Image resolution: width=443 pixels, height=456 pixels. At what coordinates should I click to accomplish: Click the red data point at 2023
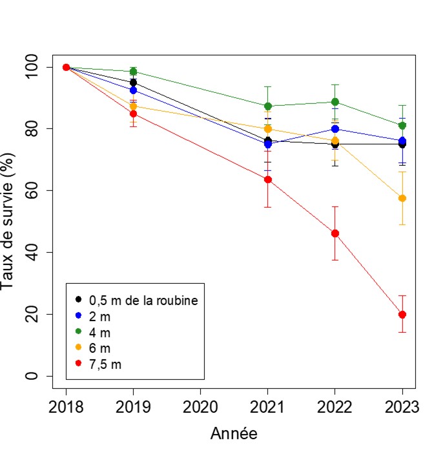402,314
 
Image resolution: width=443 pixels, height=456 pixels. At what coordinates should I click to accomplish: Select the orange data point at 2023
402,198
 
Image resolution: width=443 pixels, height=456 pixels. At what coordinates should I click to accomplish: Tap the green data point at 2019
133,72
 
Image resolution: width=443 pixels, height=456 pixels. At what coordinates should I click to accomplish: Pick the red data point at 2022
335,233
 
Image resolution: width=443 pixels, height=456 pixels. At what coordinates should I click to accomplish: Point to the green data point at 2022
335,102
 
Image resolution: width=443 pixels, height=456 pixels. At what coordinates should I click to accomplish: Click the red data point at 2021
267,179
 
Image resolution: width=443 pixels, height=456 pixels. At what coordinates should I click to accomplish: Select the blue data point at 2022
335,129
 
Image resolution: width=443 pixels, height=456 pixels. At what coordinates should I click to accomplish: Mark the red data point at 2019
133,114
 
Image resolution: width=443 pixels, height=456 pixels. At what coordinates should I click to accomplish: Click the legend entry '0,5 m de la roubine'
142,300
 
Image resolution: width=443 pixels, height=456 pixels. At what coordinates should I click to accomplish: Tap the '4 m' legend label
99,332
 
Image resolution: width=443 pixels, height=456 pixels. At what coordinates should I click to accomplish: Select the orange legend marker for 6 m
79,348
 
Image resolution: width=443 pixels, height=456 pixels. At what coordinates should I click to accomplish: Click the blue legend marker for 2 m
79,316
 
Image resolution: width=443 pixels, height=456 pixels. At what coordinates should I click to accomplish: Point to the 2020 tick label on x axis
200,408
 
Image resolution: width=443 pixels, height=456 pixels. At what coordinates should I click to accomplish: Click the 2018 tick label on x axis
66,408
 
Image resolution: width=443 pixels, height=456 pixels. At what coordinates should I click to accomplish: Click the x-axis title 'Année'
234,434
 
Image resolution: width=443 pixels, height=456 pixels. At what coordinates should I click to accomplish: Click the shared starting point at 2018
66,67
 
